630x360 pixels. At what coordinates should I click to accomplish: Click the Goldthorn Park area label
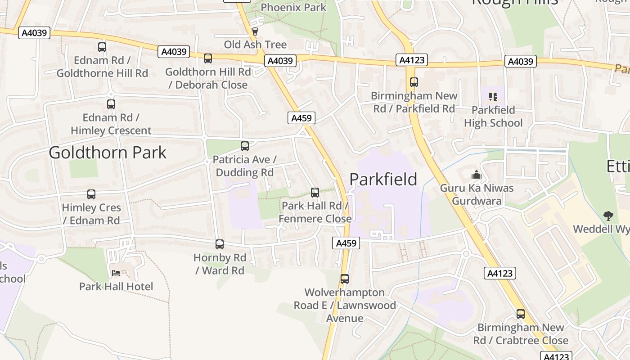pos(108,153)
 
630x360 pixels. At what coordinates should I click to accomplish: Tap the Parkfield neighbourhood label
pos(383,179)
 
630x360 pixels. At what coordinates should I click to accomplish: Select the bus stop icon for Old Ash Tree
pos(255,31)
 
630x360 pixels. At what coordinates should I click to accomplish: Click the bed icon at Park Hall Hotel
pos(116,273)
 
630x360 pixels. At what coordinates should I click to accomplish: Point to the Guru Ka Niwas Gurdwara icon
pos(476,175)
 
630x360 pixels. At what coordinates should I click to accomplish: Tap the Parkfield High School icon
pos(493,96)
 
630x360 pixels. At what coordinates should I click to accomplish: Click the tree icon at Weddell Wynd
pos(608,216)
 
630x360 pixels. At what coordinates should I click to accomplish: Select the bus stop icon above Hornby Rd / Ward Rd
pos(220,244)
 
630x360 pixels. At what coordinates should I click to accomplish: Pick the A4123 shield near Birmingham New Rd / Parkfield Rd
pos(412,60)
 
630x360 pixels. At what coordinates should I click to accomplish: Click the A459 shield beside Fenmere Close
pos(346,243)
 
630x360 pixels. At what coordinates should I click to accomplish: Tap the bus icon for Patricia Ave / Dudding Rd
pos(245,146)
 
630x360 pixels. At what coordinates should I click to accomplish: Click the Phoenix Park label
pos(293,7)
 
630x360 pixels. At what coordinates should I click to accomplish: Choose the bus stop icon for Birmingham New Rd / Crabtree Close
pos(521,314)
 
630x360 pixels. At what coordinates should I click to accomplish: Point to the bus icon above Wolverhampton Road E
pos(345,279)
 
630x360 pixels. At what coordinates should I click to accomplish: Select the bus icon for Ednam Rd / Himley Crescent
pos(111,104)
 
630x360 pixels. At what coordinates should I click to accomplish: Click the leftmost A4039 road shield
pos(34,33)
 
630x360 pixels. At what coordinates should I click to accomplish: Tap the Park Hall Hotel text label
pos(116,287)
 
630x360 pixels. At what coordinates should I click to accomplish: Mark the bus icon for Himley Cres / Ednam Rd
pos(91,194)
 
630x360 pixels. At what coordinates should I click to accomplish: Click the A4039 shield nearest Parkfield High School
pos(521,61)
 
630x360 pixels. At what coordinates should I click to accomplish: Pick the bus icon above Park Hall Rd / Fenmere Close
pos(315,193)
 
